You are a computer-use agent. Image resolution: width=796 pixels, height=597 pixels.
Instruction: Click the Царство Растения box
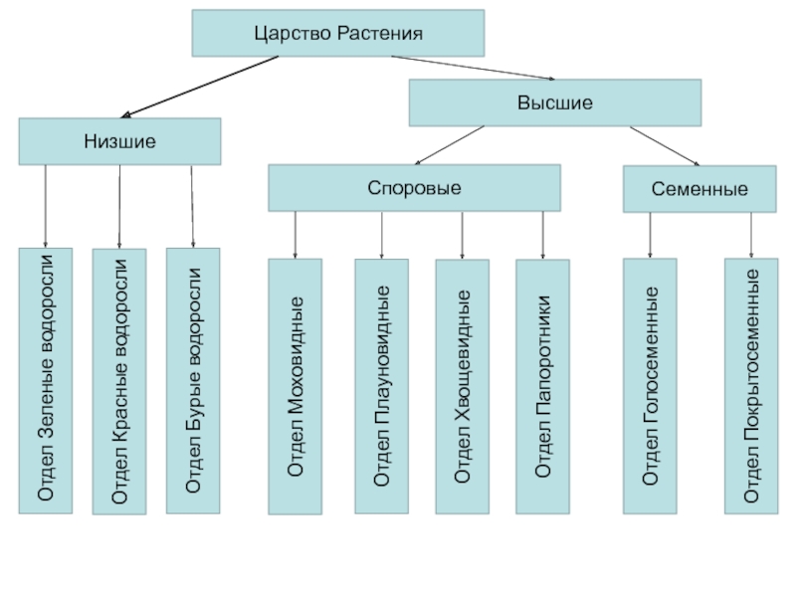click(x=338, y=33)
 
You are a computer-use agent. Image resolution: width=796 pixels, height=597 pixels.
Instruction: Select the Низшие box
click(x=119, y=141)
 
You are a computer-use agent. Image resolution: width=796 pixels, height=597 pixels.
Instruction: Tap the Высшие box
click(x=555, y=102)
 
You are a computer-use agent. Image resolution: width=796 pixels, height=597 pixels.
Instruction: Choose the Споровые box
click(x=414, y=188)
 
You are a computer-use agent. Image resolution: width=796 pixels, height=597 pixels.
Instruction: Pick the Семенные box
click(x=699, y=188)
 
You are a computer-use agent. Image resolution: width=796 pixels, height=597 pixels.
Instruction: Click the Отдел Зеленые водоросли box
click(x=46, y=380)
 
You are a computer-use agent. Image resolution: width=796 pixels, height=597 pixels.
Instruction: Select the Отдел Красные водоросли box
click(x=119, y=381)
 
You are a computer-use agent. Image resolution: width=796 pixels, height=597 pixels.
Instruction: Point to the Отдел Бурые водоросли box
click(x=193, y=380)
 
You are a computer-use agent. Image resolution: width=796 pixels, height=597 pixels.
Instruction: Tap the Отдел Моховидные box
click(x=295, y=386)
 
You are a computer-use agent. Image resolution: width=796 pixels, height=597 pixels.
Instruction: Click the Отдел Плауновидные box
click(x=381, y=386)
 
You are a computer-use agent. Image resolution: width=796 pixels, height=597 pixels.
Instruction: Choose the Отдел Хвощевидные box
click(x=462, y=386)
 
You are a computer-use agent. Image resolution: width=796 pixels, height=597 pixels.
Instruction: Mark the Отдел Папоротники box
click(x=542, y=386)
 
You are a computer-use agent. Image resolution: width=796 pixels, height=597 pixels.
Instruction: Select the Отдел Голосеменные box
click(x=650, y=386)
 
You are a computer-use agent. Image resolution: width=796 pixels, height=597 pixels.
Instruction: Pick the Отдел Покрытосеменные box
click(x=751, y=386)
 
